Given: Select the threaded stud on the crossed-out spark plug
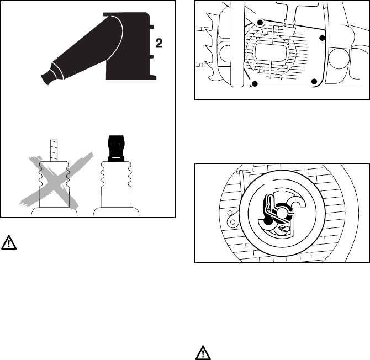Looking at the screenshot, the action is pos(54,148).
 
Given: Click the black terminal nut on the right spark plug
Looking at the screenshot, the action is pos(116,147).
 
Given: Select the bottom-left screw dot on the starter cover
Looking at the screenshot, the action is pos(255,83).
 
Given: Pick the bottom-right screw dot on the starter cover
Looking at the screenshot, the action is pos(314,82).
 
